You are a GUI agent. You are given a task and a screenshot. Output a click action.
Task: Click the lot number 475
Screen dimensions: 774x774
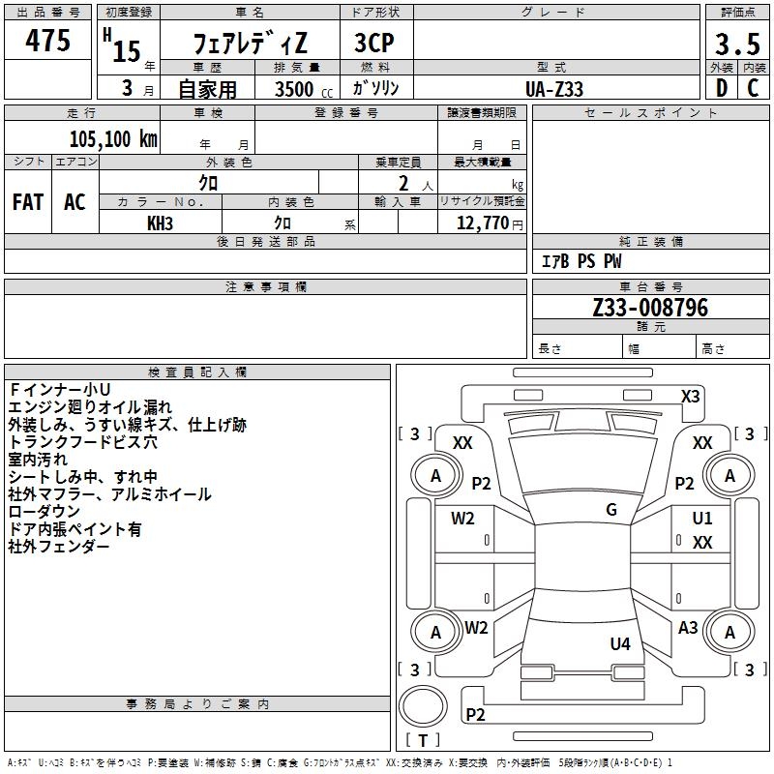point(47,40)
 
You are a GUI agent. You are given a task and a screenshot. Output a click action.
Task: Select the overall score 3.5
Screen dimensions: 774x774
point(737,44)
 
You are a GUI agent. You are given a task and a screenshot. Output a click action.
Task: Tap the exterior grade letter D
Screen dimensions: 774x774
point(722,88)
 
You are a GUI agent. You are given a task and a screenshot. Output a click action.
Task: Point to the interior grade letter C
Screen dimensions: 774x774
point(753,88)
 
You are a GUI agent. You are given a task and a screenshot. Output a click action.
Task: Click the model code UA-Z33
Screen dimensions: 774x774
point(553,89)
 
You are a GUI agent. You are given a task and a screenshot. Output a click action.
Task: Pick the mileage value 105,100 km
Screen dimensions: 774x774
point(113,139)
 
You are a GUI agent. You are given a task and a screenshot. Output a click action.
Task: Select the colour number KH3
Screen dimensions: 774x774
point(160,223)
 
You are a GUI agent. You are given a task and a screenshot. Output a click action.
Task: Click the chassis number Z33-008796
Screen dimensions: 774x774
point(650,308)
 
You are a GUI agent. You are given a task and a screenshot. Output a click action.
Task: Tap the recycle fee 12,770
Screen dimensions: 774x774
point(482,223)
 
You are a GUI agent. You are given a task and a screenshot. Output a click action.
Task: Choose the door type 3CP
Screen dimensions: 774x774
point(374,43)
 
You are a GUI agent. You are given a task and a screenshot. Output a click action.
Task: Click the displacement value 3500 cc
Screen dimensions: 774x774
point(304,89)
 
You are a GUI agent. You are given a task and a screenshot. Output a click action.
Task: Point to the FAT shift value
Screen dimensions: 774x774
point(28,202)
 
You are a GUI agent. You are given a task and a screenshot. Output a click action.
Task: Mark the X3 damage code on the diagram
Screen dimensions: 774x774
point(690,397)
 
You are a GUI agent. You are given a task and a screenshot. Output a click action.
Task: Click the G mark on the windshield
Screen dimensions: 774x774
point(611,510)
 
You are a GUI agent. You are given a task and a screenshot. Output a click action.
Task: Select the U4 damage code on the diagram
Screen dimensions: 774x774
point(620,643)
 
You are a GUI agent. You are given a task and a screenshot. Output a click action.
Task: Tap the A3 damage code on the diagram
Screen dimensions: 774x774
point(688,627)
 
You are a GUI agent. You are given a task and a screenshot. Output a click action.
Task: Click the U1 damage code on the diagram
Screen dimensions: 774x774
point(702,518)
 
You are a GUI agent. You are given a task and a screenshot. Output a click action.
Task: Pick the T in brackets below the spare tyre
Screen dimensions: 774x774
point(423,740)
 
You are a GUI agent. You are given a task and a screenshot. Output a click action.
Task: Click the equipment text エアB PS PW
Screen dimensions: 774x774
point(581,261)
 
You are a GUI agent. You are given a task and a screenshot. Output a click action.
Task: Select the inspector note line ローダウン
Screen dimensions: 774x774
point(44,512)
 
